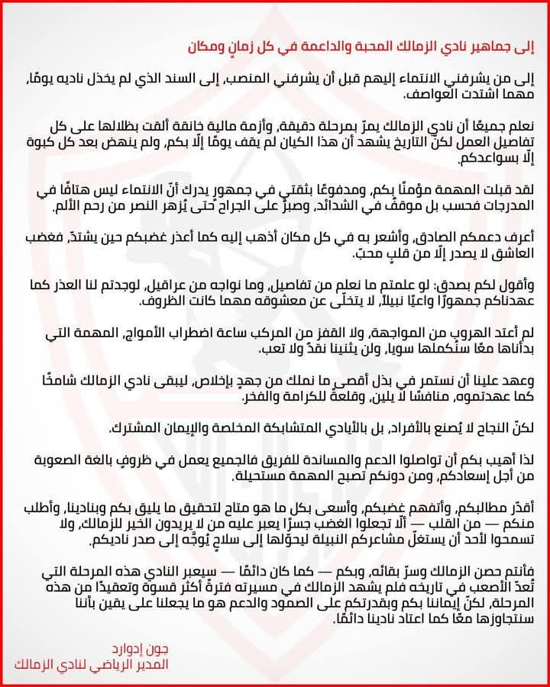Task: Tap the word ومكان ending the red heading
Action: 209,45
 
